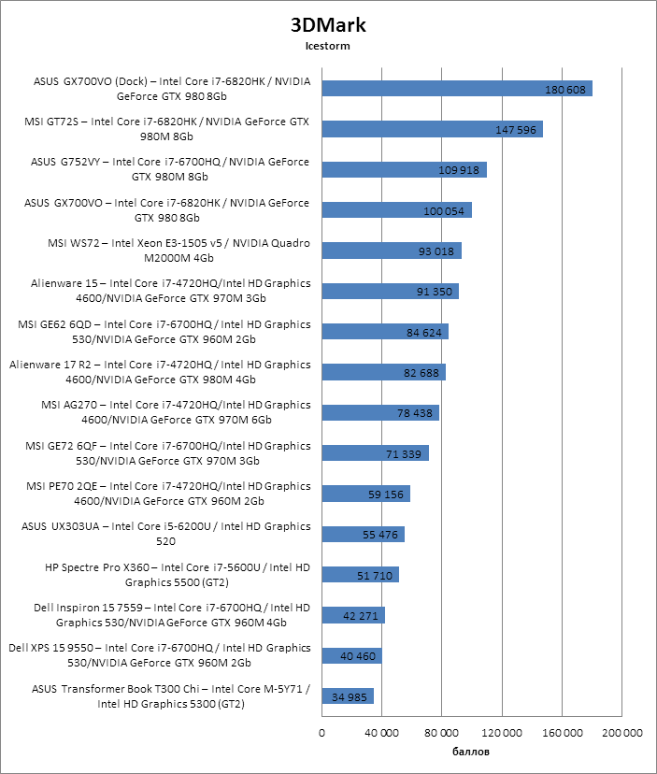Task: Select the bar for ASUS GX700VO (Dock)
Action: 457,89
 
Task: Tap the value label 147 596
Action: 516,129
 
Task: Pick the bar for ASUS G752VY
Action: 404,169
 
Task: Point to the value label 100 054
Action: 444,210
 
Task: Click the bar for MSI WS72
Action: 392,251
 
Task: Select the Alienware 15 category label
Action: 171,292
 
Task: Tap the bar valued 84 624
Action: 385,332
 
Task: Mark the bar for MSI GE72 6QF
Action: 375,453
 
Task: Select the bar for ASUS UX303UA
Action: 363,534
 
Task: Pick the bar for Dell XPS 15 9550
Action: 351,655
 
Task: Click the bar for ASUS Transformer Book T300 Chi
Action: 348,695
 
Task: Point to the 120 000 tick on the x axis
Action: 502,733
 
